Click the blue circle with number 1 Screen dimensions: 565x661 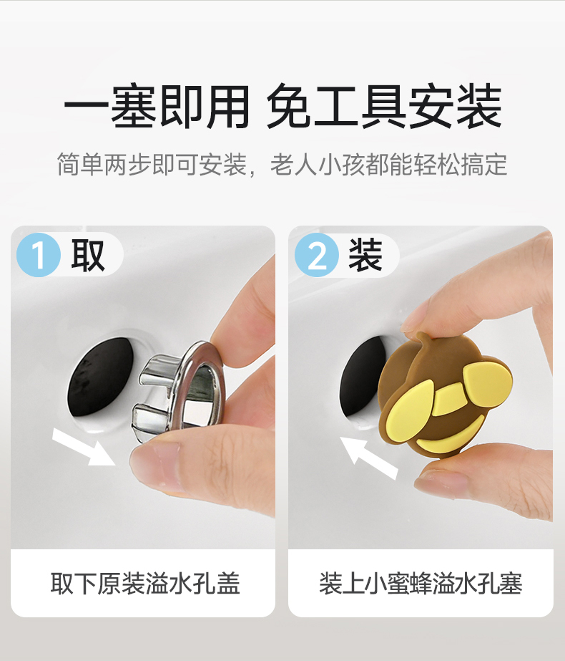click(x=39, y=255)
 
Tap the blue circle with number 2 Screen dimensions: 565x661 click(x=317, y=255)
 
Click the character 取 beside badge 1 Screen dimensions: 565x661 click(x=87, y=256)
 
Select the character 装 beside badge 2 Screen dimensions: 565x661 click(x=365, y=255)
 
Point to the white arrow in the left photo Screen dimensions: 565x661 click(x=84, y=448)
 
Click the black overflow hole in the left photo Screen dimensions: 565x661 click(x=100, y=377)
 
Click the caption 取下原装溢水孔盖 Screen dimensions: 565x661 click(x=145, y=584)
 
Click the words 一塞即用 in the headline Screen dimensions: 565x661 click(x=157, y=107)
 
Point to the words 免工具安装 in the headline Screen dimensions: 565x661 click(x=384, y=106)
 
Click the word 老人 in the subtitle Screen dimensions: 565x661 click(x=293, y=165)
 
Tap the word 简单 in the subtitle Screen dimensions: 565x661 click(x=80, y=165)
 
